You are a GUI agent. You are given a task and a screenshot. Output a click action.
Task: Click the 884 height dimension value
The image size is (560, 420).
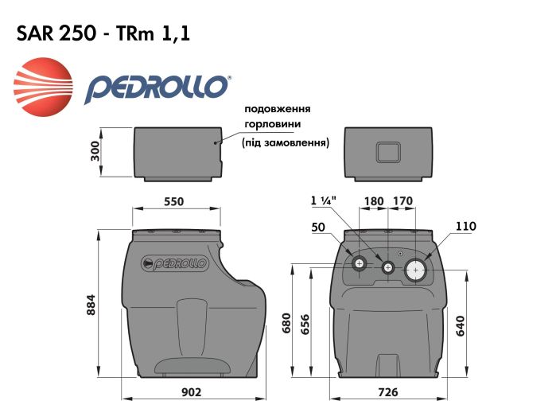92,307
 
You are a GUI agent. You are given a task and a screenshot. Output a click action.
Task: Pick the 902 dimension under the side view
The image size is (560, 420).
192,392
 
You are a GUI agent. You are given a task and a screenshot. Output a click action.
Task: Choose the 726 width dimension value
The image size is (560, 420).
387,392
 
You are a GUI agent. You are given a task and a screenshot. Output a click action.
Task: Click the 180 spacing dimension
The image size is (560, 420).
373,201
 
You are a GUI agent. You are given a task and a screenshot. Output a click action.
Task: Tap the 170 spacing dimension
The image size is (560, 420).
402,201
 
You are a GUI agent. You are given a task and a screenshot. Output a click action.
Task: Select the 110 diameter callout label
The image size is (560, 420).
465,227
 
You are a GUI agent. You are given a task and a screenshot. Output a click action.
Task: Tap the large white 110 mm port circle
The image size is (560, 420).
416,270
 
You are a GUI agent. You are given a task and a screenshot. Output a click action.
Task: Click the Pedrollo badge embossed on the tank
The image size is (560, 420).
173,263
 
